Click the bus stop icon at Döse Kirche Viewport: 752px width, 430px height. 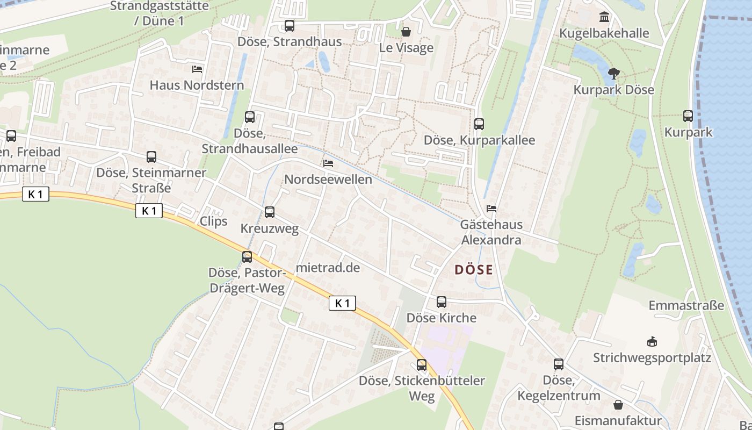[442, 302]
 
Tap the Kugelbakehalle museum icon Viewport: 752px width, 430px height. [604, 17]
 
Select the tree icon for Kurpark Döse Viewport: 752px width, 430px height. [613, 74]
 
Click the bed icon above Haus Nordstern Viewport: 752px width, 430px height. [197, 69]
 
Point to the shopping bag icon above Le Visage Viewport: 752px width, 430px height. [406, 32]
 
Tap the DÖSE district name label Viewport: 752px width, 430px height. [474, 269]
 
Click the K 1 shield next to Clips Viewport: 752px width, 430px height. [149, 211]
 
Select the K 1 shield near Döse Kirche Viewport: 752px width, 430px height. [342, 303]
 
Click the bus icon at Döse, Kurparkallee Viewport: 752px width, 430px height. [479, 124]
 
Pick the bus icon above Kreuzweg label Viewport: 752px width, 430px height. [270, 212]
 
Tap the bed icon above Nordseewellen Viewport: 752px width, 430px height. [328, 163]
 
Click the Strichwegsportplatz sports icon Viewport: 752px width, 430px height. [652, 341]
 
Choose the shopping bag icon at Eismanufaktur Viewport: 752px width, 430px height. [618, 404]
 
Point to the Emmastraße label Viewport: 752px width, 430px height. [686, 306]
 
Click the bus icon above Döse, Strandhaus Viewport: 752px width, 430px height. [290, 25]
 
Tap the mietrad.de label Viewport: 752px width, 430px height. [328, 267]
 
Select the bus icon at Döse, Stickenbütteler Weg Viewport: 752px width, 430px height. [422, 365]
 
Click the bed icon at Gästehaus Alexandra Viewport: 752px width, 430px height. [491, 209]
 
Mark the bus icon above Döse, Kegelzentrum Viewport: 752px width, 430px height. [559, 364]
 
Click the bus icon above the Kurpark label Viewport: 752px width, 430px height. [688, 116]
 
